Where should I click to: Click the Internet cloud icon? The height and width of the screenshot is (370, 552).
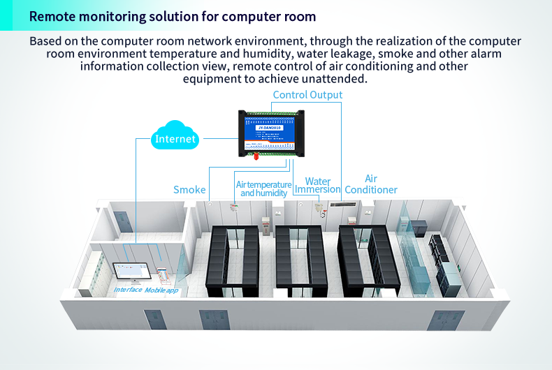pyautogui.click(x=175, y=138)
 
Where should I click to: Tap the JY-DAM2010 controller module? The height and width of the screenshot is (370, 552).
pyautogui.click(x=271, y=133)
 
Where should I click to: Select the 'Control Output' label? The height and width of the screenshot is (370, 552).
pyautogui.click(x=307, y=95)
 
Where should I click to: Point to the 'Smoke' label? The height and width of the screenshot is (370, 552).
pyautogui.click(x=189, y=190)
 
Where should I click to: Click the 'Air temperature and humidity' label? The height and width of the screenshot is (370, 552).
pyautogui.click(x=263, y=188)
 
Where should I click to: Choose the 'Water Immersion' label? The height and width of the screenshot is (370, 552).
pyautogui.click(x=317, y=186)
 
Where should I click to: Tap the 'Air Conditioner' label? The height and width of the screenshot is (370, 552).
pyautogui.click(x=371, y=184)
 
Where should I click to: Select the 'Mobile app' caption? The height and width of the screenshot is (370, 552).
pyautogui.click(x=161, y=289)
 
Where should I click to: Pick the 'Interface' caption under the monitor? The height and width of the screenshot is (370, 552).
pyautogui.click(x=128, y=290)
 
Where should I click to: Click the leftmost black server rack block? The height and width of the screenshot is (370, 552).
pyautogui.click(x=232, y=258)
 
